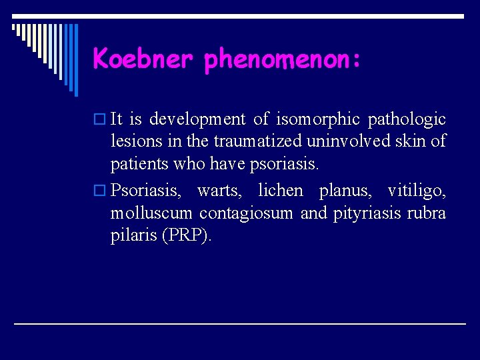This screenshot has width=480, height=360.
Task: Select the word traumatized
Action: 249,141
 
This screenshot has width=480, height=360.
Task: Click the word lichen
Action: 280,190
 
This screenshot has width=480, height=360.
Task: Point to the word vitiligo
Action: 417,190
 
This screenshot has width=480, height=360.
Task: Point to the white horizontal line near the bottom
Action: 240,323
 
